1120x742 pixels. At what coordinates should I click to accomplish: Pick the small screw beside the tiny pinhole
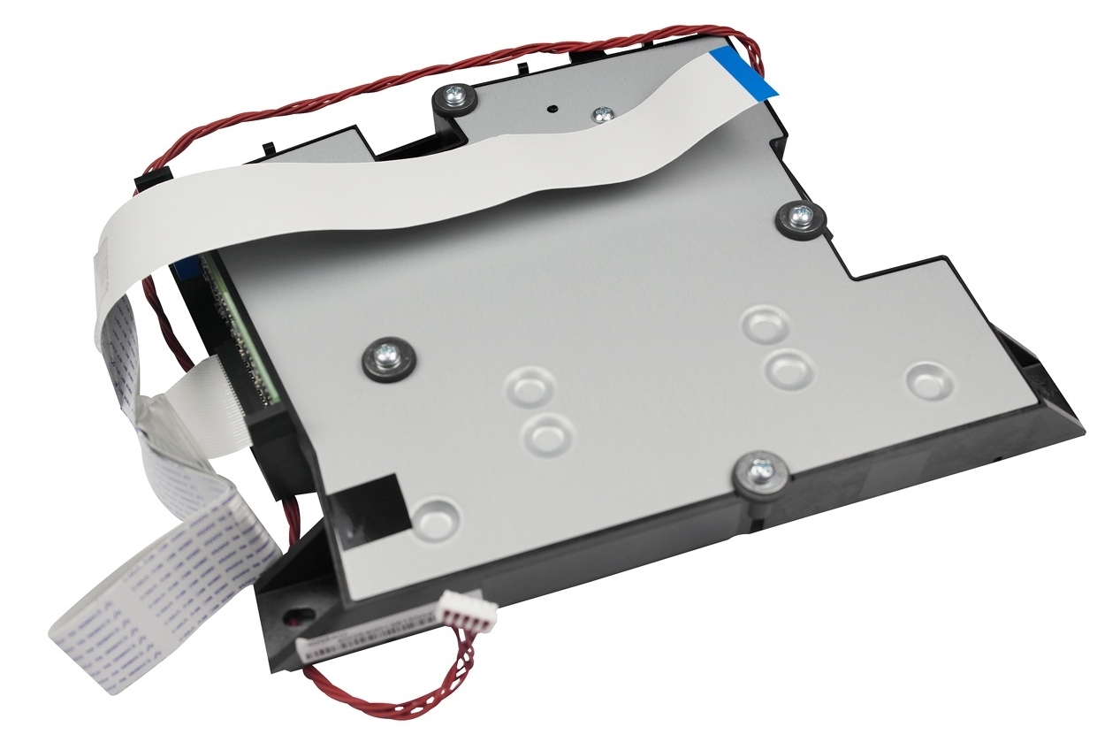[x=604, y=113]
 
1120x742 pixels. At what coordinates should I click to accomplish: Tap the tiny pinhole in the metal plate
[x=552, y=109]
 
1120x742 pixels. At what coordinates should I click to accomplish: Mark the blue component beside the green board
[x=185, y=264]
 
